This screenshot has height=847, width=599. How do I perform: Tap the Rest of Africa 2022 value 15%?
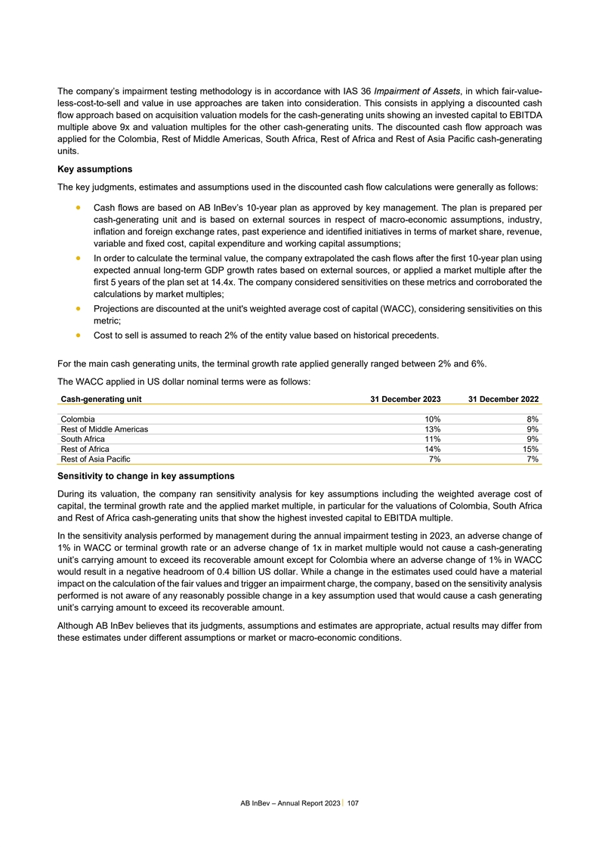pyautogui.click(x=530, y=449)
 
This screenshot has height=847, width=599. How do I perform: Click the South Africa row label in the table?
pyautogui.click(x=82, y=439)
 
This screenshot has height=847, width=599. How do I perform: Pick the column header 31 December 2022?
pyautogui.click(x=503, y=398)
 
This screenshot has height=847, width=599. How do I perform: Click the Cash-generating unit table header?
pyautogui.click(x=100, y=398)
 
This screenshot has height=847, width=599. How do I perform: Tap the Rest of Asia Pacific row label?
pyautogui.click(x=94, y=459)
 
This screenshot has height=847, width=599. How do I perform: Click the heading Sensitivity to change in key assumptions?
pyautogui.click(x=146, y=476)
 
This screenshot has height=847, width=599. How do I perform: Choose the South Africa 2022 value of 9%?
pyautogui.click(x=533, y=439)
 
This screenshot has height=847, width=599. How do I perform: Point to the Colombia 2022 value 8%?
pyautogui.click(x=533, y=419)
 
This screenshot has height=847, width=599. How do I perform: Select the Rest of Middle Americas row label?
pyautogui.click(x=104, y=429)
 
